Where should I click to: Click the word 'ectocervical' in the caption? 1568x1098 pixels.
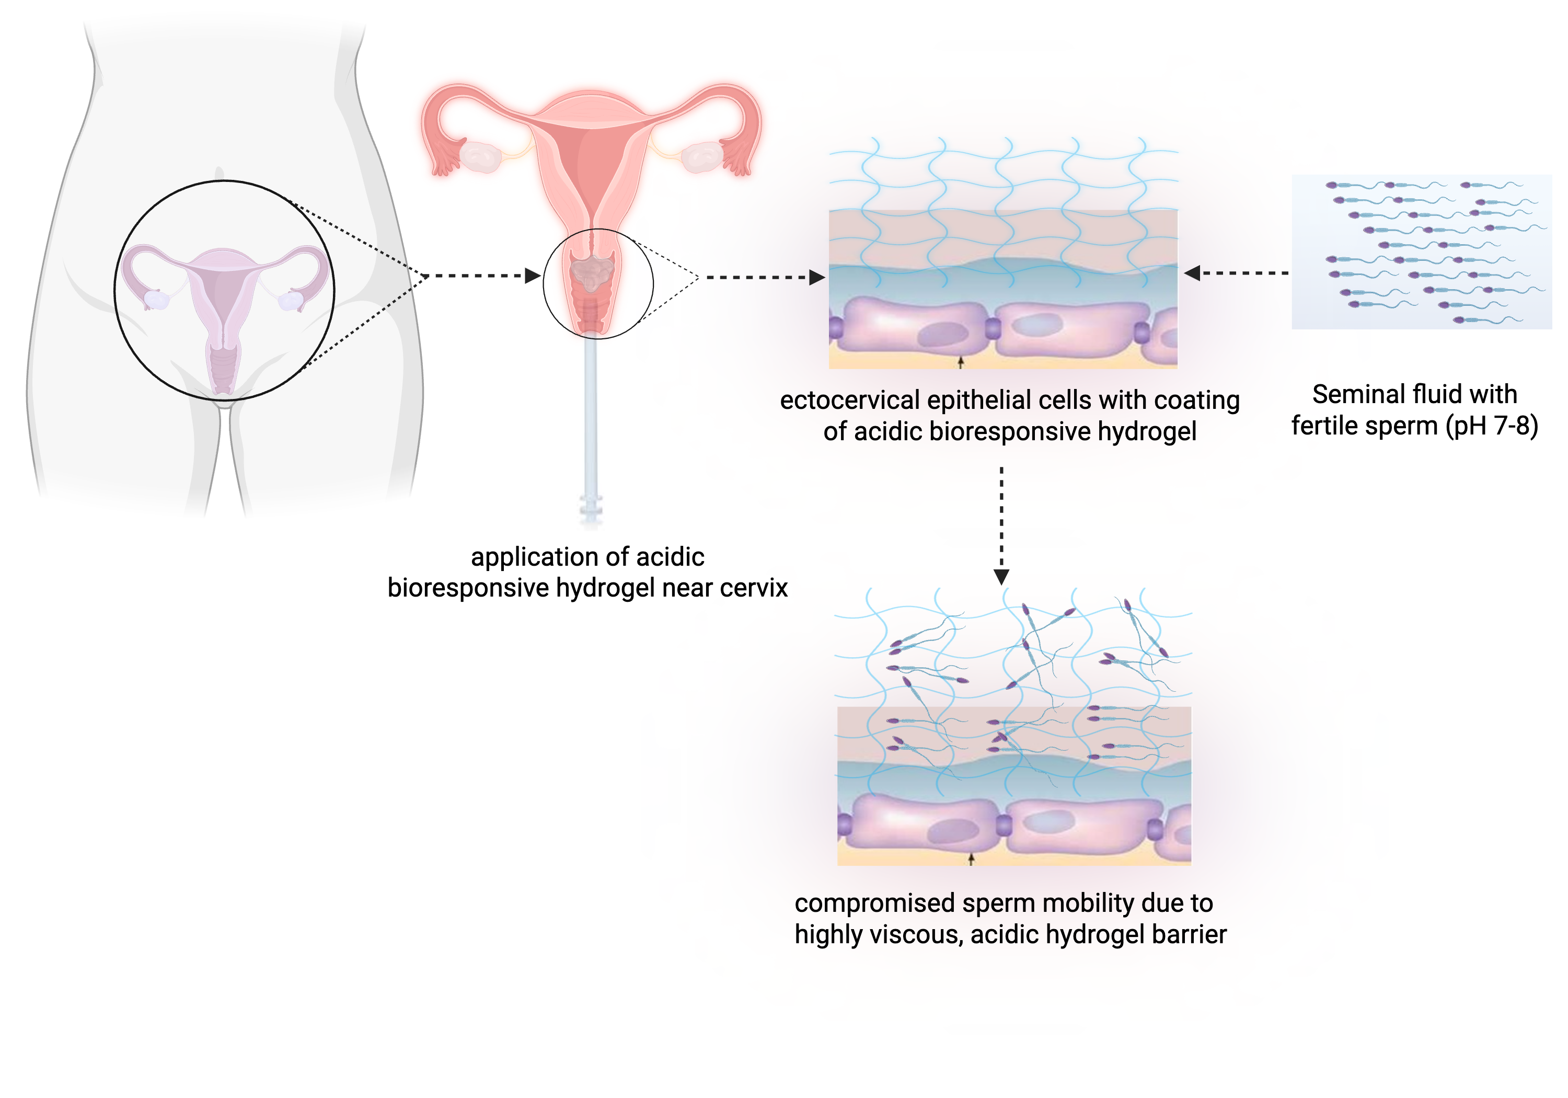tap(849, 401)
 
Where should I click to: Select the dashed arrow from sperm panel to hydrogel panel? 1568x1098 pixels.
tap(1236, 273)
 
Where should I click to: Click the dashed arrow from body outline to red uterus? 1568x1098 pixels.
tap(481, 276)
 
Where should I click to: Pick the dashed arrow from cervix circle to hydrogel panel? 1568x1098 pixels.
tap(765, 278)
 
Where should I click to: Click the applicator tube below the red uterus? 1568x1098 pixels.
tap(591, 424)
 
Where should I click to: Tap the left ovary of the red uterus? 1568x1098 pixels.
tap(481, 156)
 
